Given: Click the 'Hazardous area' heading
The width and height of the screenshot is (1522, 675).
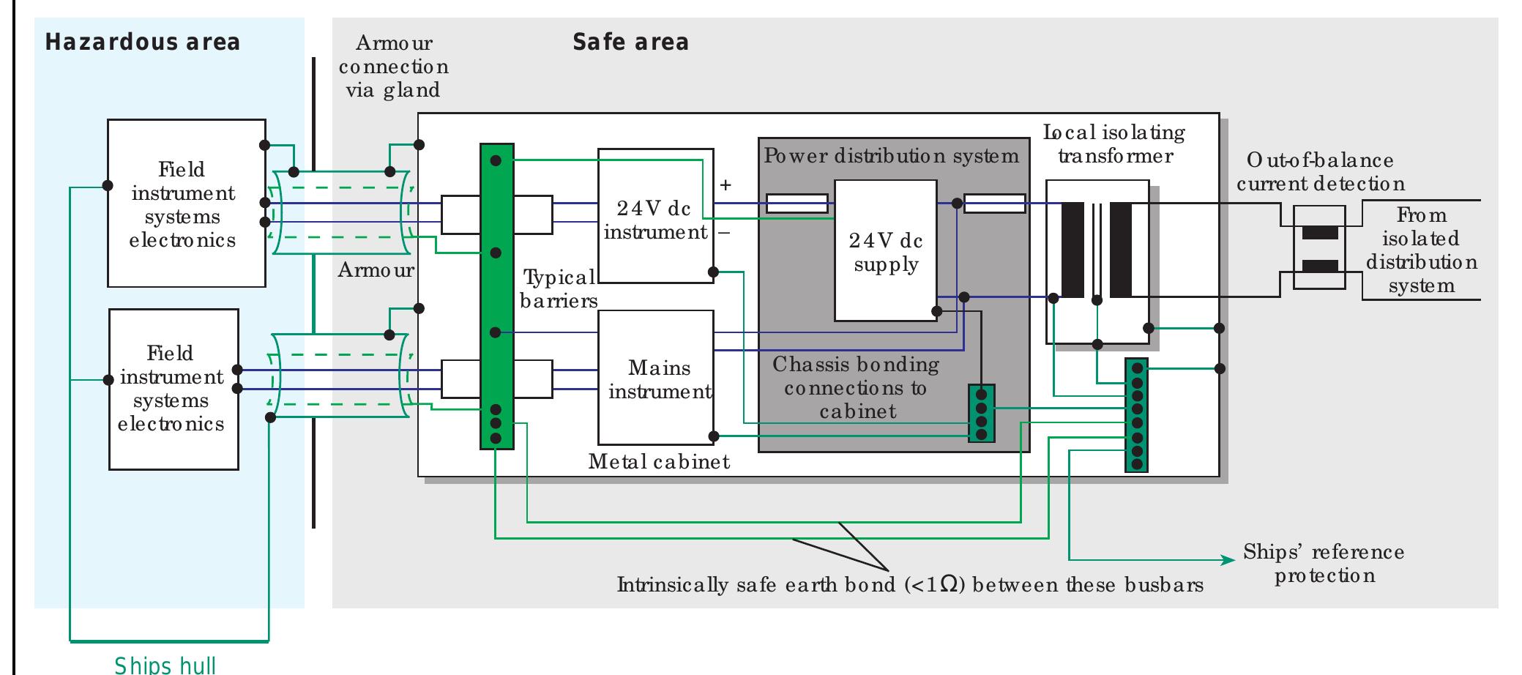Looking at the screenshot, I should pyautogui.click(x=143, y=42).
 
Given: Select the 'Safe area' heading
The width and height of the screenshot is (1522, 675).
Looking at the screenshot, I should pyautogui.click(x=630, y=42).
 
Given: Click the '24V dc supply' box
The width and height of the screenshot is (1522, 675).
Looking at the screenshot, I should pyautogui.click(x=886, y=251).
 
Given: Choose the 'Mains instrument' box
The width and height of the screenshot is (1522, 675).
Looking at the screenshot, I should pyautogui.click(x=656, y=378).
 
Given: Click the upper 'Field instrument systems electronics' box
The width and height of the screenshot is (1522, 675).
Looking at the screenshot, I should pyautogui.click(x=186, y=204).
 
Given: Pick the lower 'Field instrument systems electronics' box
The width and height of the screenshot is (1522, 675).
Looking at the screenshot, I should pyautogui.click(x=174, y=389).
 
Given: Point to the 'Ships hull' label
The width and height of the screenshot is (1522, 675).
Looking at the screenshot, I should pyautogui.click(x=165, y=665).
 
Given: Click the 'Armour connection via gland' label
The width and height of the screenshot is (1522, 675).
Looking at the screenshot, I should pyautogui.click(x=393, y=67).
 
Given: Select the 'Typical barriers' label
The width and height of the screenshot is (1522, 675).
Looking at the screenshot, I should pyautogui.click(x=559, y=288).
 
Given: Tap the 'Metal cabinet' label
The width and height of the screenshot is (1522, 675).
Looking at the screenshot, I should pyautogui.click(x=659, y=461).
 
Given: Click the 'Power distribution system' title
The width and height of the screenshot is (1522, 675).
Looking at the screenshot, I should pyautogui.click(x=891, y=156).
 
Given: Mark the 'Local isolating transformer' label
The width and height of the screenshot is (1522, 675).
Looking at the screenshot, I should pyautogui.click(x=1114, y=144).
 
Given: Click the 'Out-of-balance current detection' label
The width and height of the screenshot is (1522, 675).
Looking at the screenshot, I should pyautogui.click(x=1320, y=172).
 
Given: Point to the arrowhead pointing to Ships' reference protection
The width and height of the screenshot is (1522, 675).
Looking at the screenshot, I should pyautogui.click(x=1228, y=561).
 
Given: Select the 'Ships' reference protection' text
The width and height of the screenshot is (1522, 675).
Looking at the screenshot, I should pyautogui.click(x=1324, y=563).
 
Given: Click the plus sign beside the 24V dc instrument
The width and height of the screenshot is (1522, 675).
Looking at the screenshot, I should pyautogui.click(x=725, y=185).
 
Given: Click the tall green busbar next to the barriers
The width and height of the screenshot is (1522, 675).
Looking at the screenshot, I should pyautogui.click(x=496, y=296).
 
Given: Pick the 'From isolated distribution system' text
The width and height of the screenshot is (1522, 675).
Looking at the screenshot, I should pyautogui.click(x=1421, y=250).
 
